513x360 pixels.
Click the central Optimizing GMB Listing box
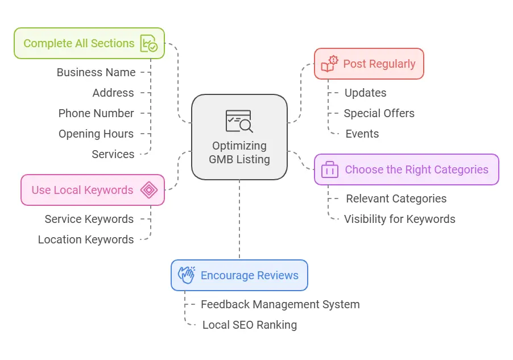239,137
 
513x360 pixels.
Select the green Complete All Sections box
89,43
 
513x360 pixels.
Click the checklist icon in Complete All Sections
148,43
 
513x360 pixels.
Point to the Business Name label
96,72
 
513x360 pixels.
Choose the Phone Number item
96,113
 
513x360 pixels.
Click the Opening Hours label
96,134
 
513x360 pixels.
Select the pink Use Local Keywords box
93,190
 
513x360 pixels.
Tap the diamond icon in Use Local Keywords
149,190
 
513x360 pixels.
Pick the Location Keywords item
86,239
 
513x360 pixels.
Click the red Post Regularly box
369,64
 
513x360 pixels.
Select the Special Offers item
379,113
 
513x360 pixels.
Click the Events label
362,134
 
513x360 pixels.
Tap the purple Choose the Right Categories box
406,169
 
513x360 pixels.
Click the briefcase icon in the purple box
330,169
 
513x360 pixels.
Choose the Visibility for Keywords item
399,219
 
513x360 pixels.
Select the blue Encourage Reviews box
239,275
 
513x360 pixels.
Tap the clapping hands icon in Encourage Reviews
187,275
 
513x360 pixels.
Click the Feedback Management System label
280,304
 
